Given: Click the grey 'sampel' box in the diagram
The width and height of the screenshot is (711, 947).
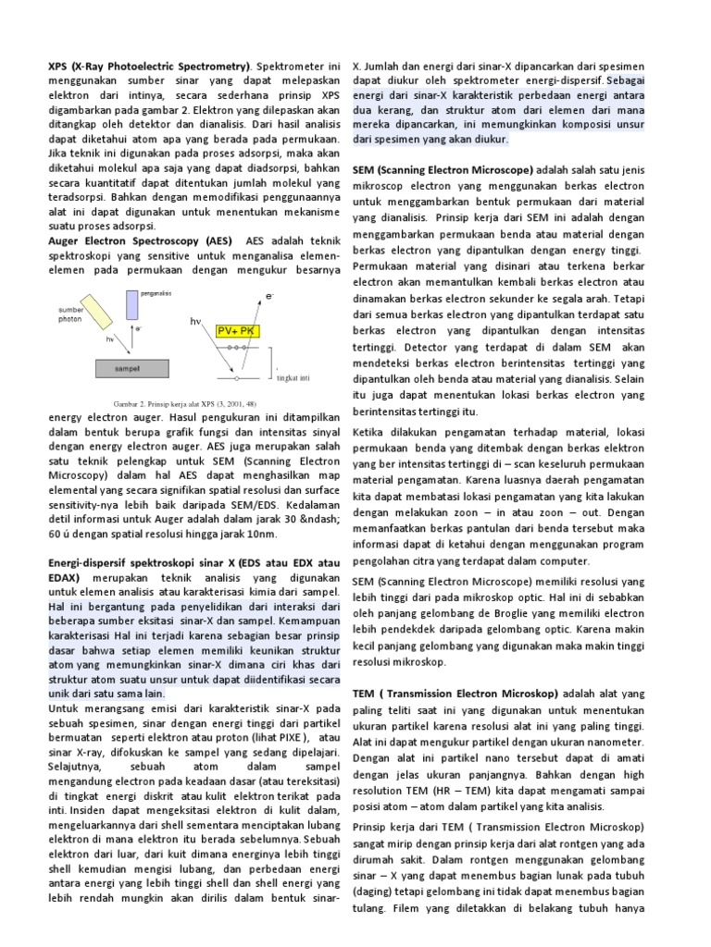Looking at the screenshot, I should click(135, 367).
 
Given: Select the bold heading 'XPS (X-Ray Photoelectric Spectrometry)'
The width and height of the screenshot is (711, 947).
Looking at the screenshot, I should click(149, 67).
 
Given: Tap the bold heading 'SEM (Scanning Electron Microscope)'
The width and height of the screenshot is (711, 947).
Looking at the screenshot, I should click(443, 170).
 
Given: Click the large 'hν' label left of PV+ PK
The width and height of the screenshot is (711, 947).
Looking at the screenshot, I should click(196, 322).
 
